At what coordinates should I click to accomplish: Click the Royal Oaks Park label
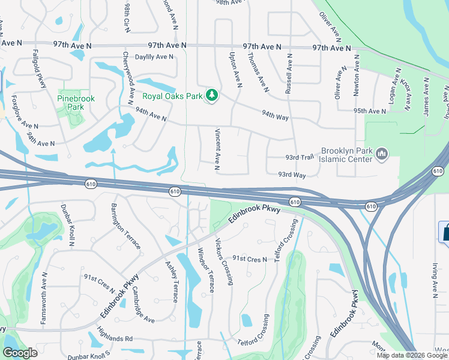coord(172,95)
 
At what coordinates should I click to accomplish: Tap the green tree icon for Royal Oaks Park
coord(211,95)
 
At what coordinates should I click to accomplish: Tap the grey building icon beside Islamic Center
coord(382,155)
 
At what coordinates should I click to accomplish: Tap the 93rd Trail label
coord(300,157)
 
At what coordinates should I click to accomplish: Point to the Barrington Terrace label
coord(126,226)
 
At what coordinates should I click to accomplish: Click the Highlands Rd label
coord(116,338)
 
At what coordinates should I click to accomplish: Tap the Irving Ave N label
coord(434,279)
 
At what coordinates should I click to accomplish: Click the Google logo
coord(20,353)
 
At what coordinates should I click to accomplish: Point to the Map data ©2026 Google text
coord(412,355)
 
